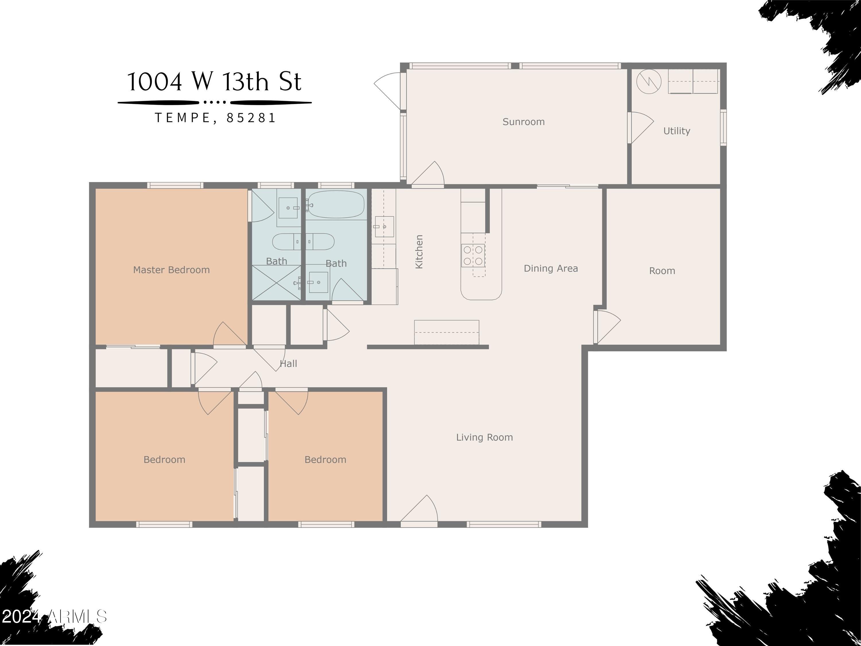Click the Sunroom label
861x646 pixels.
[x=523, y=122]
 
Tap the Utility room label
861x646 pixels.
[x=676, y=131]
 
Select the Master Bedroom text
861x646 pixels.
[x=171, y=270]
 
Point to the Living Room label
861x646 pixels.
[x=484, y=437]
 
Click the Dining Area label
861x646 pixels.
[x=550, y=268]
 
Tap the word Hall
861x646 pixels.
[x=288, y=364]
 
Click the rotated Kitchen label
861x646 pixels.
[x=419, y=252]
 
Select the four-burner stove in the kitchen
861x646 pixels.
[x=473, y=256]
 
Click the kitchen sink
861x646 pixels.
[x=383, y=227]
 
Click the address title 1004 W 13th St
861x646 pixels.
[x=214, y=82]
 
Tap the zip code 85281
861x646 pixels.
[x=251, y=118]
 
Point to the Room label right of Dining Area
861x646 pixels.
[x=662, y=271]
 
